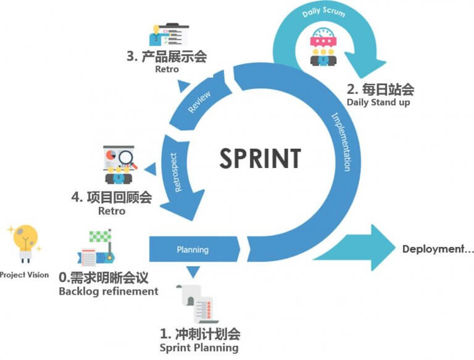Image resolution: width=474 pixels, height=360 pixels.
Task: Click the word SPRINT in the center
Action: [260, 158]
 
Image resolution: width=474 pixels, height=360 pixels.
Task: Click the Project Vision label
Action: [24, 275]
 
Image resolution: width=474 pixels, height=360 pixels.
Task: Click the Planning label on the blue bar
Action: [193, 250]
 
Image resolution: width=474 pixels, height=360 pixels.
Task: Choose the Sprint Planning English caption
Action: [199, 348]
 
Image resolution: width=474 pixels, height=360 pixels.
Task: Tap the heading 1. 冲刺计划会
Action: [199, 334]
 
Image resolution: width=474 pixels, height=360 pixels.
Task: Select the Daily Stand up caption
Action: [378, 102]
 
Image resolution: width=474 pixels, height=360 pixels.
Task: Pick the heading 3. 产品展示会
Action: [166, 57]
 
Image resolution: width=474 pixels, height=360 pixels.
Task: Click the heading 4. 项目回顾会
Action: [112, 198]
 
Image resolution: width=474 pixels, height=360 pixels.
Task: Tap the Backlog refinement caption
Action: [108, 291]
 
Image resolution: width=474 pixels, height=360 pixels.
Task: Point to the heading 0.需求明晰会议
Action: [107, 277]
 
